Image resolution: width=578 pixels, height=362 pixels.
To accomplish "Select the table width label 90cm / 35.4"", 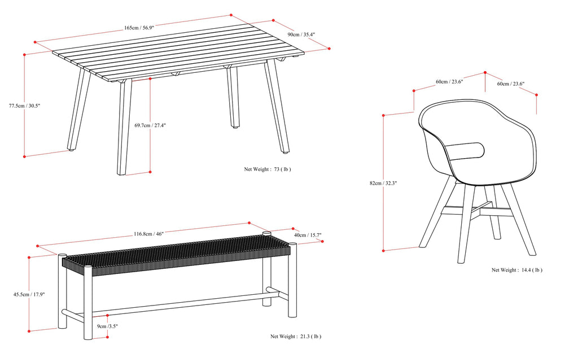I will pos(301,34).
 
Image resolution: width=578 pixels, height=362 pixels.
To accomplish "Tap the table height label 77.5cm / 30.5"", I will pos(24,106).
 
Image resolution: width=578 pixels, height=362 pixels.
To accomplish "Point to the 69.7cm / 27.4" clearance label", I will pos(151,125).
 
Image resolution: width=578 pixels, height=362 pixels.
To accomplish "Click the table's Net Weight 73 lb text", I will pos(267,169).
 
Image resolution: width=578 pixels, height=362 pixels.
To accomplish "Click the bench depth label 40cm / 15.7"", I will pos(308,235).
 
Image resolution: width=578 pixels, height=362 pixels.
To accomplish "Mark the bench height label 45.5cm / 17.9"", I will pos(29,294).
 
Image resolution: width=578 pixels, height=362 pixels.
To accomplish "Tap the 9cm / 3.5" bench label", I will pos(107,326).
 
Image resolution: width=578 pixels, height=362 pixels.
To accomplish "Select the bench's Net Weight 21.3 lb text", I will pos(295,337).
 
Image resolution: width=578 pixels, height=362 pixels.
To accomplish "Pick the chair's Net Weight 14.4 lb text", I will pos(516,270).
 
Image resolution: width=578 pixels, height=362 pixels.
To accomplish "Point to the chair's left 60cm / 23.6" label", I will pos(449,81).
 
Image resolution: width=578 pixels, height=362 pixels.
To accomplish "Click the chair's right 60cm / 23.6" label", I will pos(510,84).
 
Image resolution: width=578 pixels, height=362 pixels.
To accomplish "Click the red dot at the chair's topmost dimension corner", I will pos(485,73).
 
